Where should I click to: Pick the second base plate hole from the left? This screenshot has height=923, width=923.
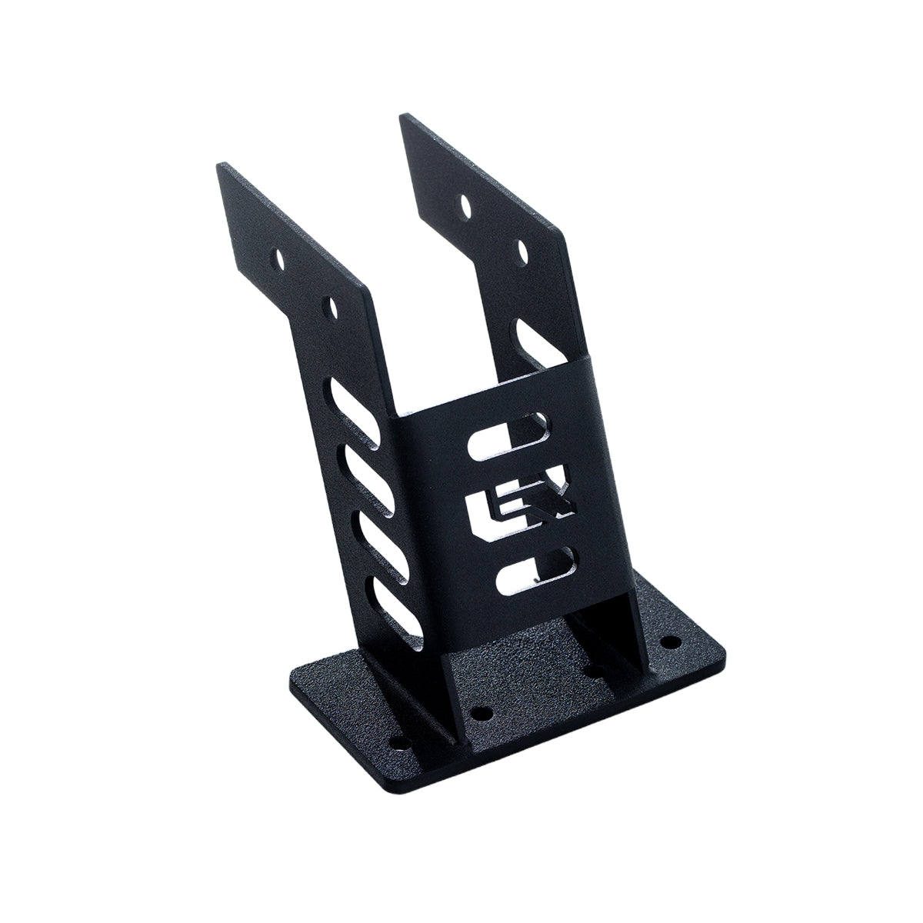tap(482, 712)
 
